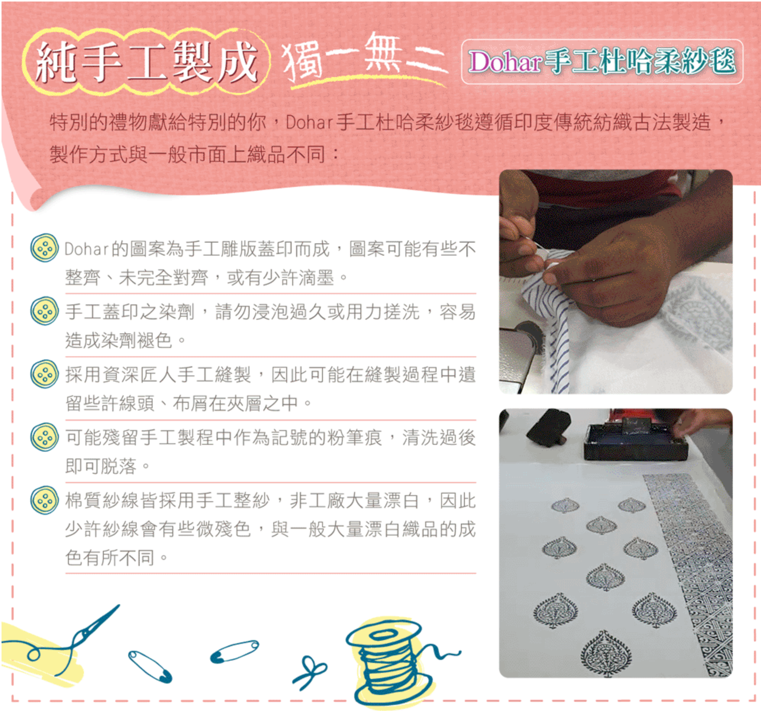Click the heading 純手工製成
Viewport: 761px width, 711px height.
click(146, 62)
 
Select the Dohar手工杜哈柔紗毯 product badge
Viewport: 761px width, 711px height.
click(602, 62)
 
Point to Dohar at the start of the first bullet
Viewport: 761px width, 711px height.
click(87, 249)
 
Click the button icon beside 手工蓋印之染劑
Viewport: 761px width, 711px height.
click(44, 311)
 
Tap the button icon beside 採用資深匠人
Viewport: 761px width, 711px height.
click(44, 374)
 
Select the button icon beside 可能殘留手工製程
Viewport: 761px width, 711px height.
click(44, 437)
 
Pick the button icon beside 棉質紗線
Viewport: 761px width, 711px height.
click(44, 500)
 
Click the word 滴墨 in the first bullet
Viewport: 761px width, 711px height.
click(316, 277)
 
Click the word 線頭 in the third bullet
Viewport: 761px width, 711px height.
click(137, 403)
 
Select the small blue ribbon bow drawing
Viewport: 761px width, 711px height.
click(309, 672)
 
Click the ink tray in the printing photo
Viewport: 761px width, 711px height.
click(635, 440)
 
